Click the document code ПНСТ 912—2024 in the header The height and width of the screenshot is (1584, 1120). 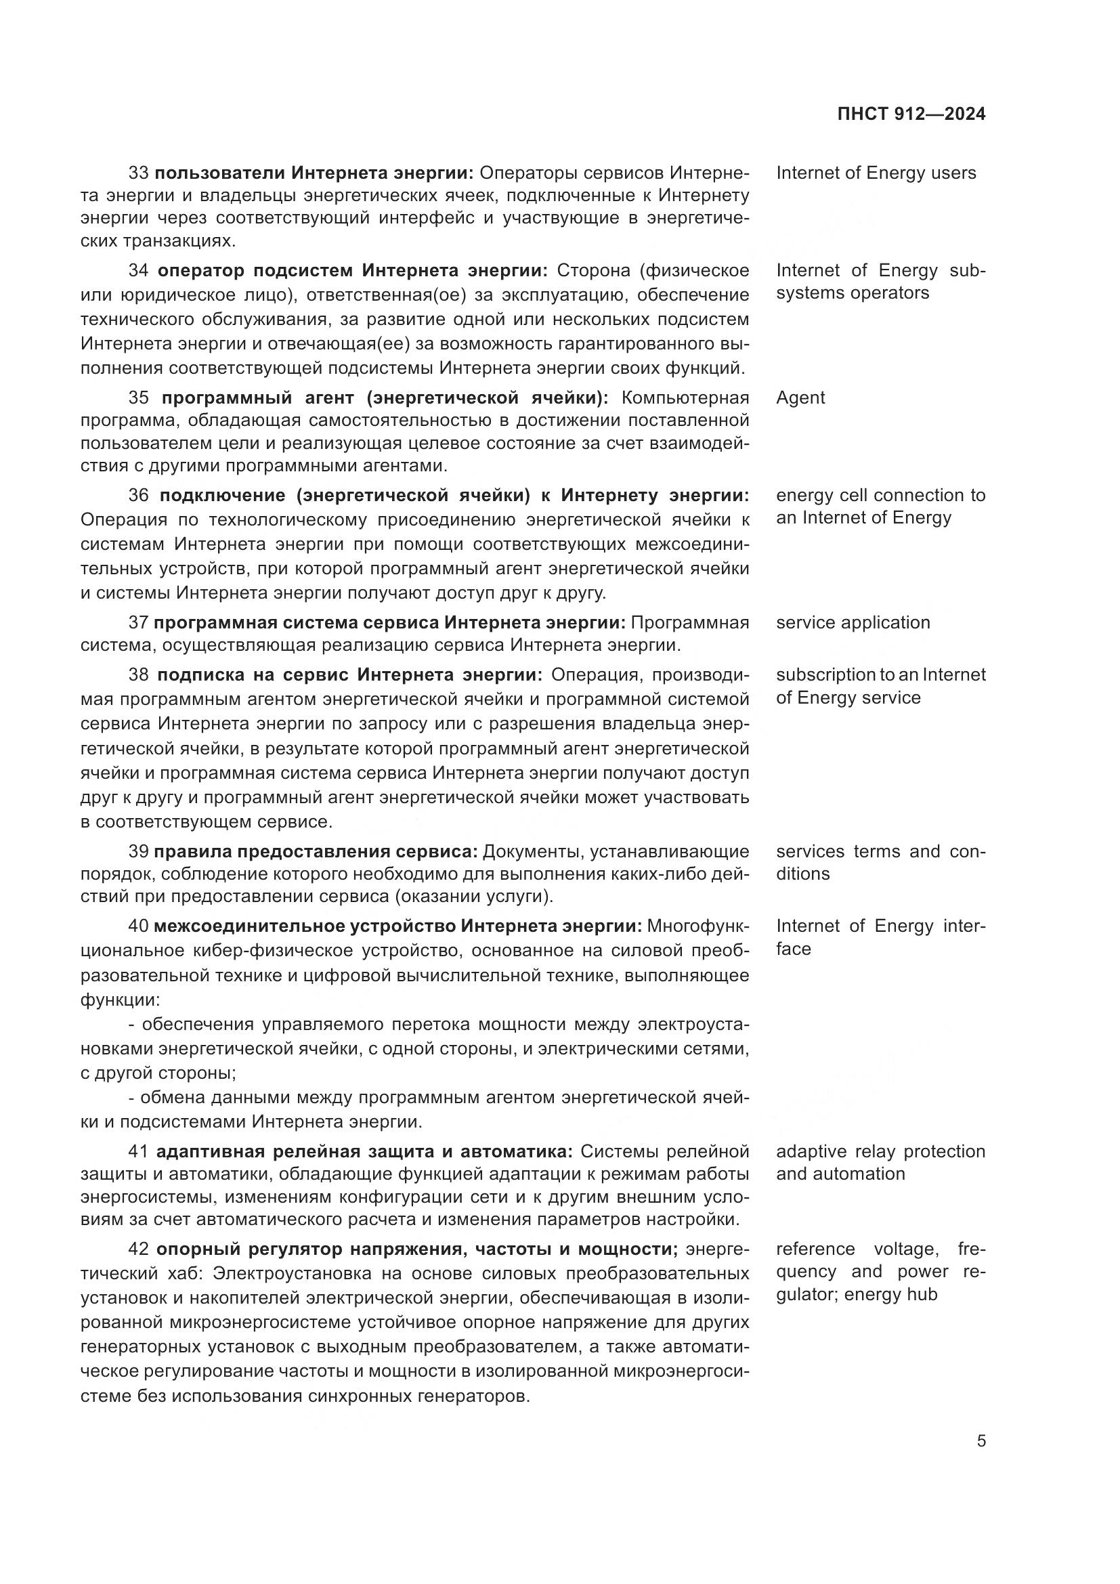pos(911,114)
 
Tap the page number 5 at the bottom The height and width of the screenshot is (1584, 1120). pos(981,1441)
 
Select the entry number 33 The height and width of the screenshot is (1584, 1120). pos(139,173)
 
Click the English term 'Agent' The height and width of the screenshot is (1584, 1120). pos(800,398)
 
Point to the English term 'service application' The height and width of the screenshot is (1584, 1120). pos(853,622)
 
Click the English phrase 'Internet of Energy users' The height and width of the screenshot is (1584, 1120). pos(876,173)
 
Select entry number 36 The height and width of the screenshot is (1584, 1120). pos(139,495)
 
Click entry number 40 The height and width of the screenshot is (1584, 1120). pos(139,926)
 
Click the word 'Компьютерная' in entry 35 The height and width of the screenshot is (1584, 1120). pos(685,398)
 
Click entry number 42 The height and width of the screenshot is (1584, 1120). pos(139,1249)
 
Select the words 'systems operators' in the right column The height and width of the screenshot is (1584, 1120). pos(853,293)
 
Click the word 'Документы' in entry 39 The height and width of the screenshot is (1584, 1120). pos(526,851)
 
